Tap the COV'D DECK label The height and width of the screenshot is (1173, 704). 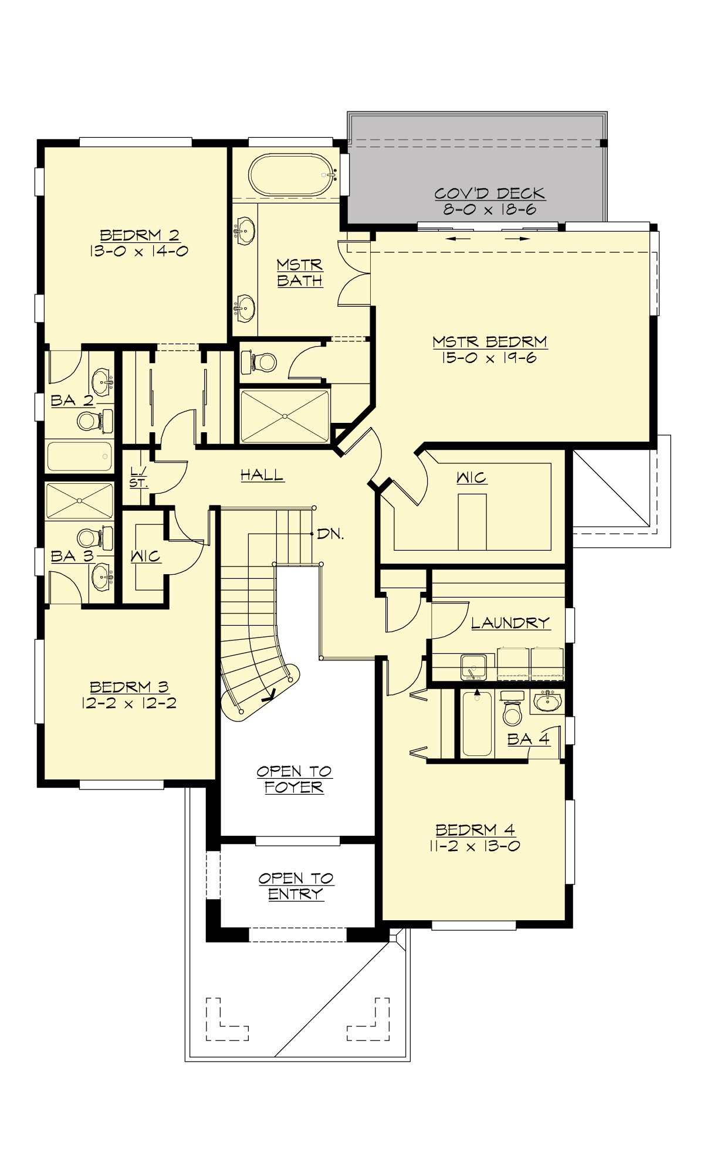(x=490, y=194)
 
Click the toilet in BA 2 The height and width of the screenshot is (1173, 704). (x=89, y=421)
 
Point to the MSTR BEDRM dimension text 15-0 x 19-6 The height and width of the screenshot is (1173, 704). (x=490, y=358)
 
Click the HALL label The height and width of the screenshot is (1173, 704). (x=262, y=475)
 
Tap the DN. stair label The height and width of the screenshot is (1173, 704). (x=330, y=534)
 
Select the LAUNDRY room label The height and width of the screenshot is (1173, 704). (x=510, y=622)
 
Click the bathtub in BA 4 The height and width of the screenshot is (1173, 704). (x=476, y=725)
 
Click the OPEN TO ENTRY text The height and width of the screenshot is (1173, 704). (x=296, y=886)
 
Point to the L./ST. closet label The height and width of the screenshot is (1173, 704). (x=139, y=477)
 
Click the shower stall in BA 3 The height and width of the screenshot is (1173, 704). (x=79, y=501)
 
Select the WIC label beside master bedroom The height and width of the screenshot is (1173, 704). (x=472, y=477)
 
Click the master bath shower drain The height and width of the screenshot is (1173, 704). (x=285, y=416)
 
